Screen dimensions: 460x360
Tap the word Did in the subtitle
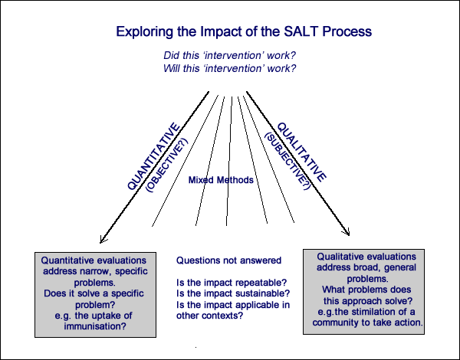[x=170, y=55]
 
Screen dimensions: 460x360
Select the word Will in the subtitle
[x=171, y=68]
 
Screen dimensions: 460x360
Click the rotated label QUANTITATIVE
[x=153, y=156]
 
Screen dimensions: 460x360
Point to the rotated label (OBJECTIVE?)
[x=167, y=165]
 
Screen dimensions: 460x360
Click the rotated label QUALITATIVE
[x=302, y=152]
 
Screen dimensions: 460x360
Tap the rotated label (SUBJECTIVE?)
[x=287, y=161]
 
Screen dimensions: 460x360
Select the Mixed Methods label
[x=221, y=180]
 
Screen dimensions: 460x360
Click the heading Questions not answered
[x=228, y=260]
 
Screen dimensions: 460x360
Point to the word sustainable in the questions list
[x=259, y=293]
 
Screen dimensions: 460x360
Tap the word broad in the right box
[x=371, y=267]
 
